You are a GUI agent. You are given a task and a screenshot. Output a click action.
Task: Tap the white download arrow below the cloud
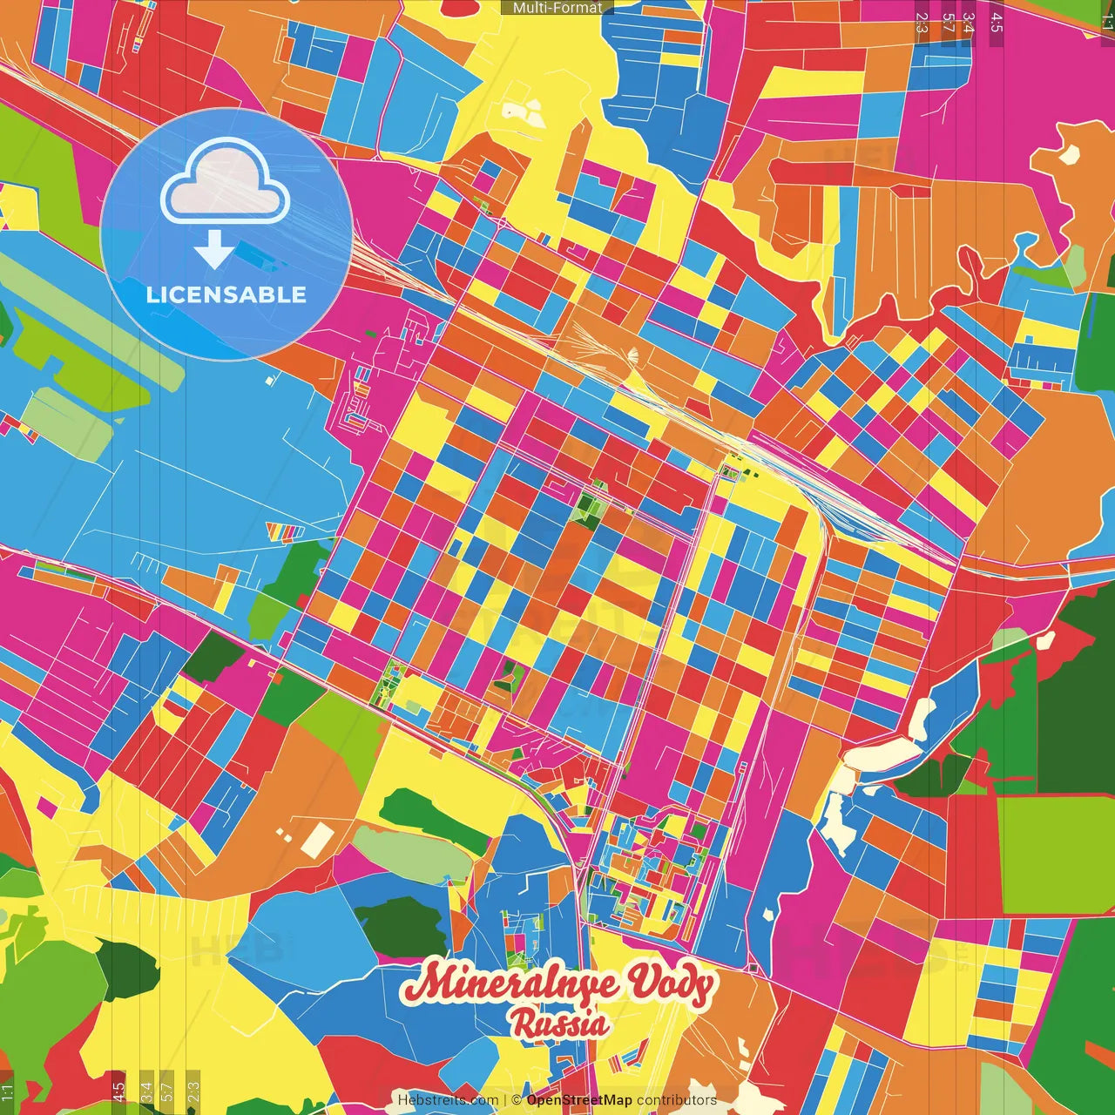(x=213, y=249)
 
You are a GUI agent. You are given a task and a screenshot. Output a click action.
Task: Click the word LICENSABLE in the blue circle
(x=226, y=294)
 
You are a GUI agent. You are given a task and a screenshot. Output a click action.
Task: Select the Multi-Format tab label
(x=557, y=8)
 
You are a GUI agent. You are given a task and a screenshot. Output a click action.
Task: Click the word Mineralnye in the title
(x=510, y=984)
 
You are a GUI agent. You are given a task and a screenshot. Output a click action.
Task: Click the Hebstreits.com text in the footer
(x=448, y=1100)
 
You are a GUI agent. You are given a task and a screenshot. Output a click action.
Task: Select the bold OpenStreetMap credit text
(x=578, y=1100)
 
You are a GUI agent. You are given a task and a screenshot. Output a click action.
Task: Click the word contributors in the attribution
(x=677, y=1100)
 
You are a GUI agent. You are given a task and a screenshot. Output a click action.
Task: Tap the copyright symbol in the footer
(x=517, y=1100)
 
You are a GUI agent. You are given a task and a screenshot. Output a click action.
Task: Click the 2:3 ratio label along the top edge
(x=922, y=22)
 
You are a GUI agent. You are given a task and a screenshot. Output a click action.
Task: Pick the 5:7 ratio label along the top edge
(x=948, y=22)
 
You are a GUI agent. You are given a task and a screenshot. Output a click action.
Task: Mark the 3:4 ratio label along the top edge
(x=969, y=22)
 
